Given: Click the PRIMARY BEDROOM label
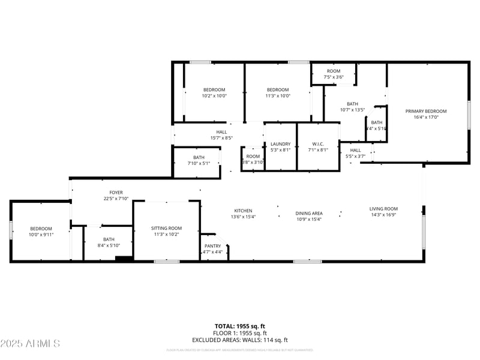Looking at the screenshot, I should pos(426,111).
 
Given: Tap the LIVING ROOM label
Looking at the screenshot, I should pos(383,209).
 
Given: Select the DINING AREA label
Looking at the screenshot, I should pos(309,213).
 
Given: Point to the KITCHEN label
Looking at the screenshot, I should pos(243,211).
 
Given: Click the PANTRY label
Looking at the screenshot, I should pos(213,246).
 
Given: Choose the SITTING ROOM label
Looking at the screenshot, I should pos(166,228).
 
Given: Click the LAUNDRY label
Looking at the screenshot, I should pos(280,144).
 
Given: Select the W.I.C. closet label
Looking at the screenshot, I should pos(318,144).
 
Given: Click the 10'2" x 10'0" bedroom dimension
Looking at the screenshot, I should pos(214,95).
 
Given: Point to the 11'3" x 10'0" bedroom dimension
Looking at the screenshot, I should pos(278,95).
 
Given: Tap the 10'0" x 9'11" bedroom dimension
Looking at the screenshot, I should pos(41,235).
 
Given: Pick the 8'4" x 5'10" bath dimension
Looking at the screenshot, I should pos(108,245).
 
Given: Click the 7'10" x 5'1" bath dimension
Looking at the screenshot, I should pos(199,163).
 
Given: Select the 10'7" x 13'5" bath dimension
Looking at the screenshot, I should pos(352,109).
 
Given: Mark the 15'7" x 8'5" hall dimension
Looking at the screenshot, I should pos(221,138).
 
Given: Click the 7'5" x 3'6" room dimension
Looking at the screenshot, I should pos(334,77).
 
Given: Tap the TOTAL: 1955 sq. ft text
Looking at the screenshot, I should pos(240,326).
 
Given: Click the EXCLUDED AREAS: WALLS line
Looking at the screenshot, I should pos(240,340).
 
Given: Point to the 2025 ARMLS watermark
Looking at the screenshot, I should pos(30,344).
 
